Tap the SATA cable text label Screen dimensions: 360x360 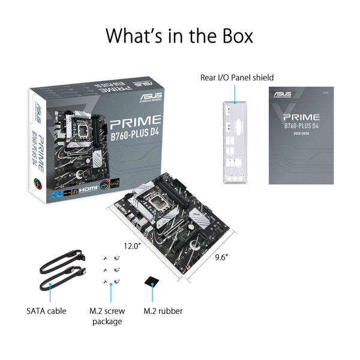point(46,311)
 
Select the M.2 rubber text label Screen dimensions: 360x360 point(163,311)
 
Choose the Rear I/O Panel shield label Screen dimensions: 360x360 point(237,77)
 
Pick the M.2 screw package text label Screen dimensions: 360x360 point(106,316)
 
